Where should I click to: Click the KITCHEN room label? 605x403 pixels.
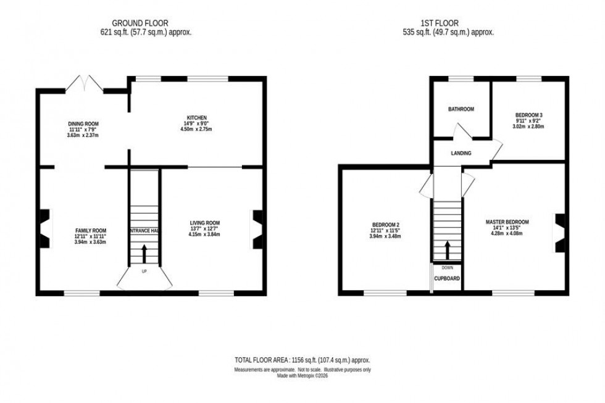click(x=197, y=118)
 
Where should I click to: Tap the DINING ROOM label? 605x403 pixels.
click(x=83, y=123)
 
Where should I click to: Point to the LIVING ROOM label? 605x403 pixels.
click(x=204, y=223)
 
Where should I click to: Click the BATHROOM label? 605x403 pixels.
click(x=461, y=109)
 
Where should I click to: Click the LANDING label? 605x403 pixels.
click(x=461, y=154)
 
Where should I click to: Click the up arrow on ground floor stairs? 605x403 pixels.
click(x=144, y=252)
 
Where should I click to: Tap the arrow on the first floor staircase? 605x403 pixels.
click(x=446, y=251)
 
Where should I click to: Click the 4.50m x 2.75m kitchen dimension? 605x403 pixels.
click(x=197, y=130)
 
